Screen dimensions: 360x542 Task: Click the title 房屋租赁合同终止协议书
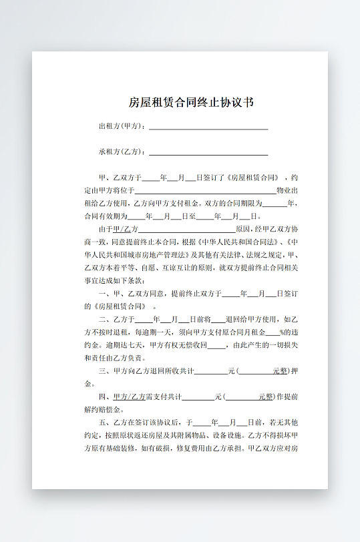coord(191,103)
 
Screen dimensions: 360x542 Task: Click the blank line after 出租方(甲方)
coord(208,127)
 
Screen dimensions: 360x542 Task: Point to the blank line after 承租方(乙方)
coord(208,152)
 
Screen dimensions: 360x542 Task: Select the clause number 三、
coord(105,371)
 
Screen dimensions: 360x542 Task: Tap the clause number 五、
coord(105,423)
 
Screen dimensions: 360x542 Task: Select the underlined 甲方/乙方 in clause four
coord(130,396)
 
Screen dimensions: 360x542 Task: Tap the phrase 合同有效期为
coord(104,216)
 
